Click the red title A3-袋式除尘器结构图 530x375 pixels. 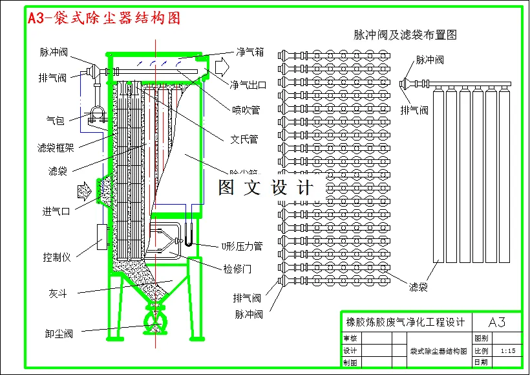tap(103, 18)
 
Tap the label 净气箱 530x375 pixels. tap(249, 52)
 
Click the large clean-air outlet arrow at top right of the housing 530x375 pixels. tap(222, 66)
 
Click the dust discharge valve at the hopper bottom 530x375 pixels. tap(156, 320)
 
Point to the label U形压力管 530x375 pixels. tap(242, 246)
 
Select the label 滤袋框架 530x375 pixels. tap(56, 147)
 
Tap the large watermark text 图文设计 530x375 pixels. tap(265, 188)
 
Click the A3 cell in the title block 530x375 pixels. tap(496, 322)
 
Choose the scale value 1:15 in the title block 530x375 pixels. tap(507, 350)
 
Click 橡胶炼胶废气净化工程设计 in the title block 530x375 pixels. tap(405, 322)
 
